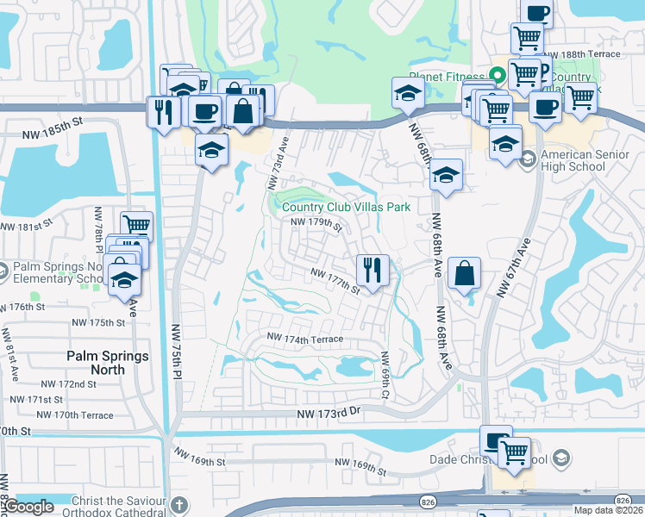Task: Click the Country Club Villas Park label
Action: [345, 207]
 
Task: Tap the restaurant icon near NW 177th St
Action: [373, 270]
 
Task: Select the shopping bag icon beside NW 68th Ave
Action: [464, 272]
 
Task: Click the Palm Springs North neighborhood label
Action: [108, 363]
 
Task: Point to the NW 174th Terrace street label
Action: [305, 339]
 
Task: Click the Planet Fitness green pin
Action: [496, 75]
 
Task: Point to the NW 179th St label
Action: [317, 225]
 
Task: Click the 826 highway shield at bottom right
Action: [623, 500]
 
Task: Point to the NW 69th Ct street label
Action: [384, 376]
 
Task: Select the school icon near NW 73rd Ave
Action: [210, 149]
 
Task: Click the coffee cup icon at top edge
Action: [536, 13]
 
